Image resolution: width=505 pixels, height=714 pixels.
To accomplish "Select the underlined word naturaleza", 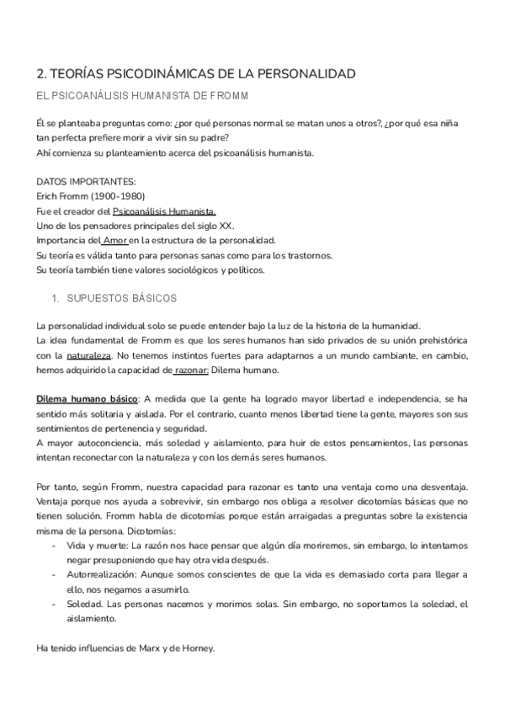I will click(x=78, y=356).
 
